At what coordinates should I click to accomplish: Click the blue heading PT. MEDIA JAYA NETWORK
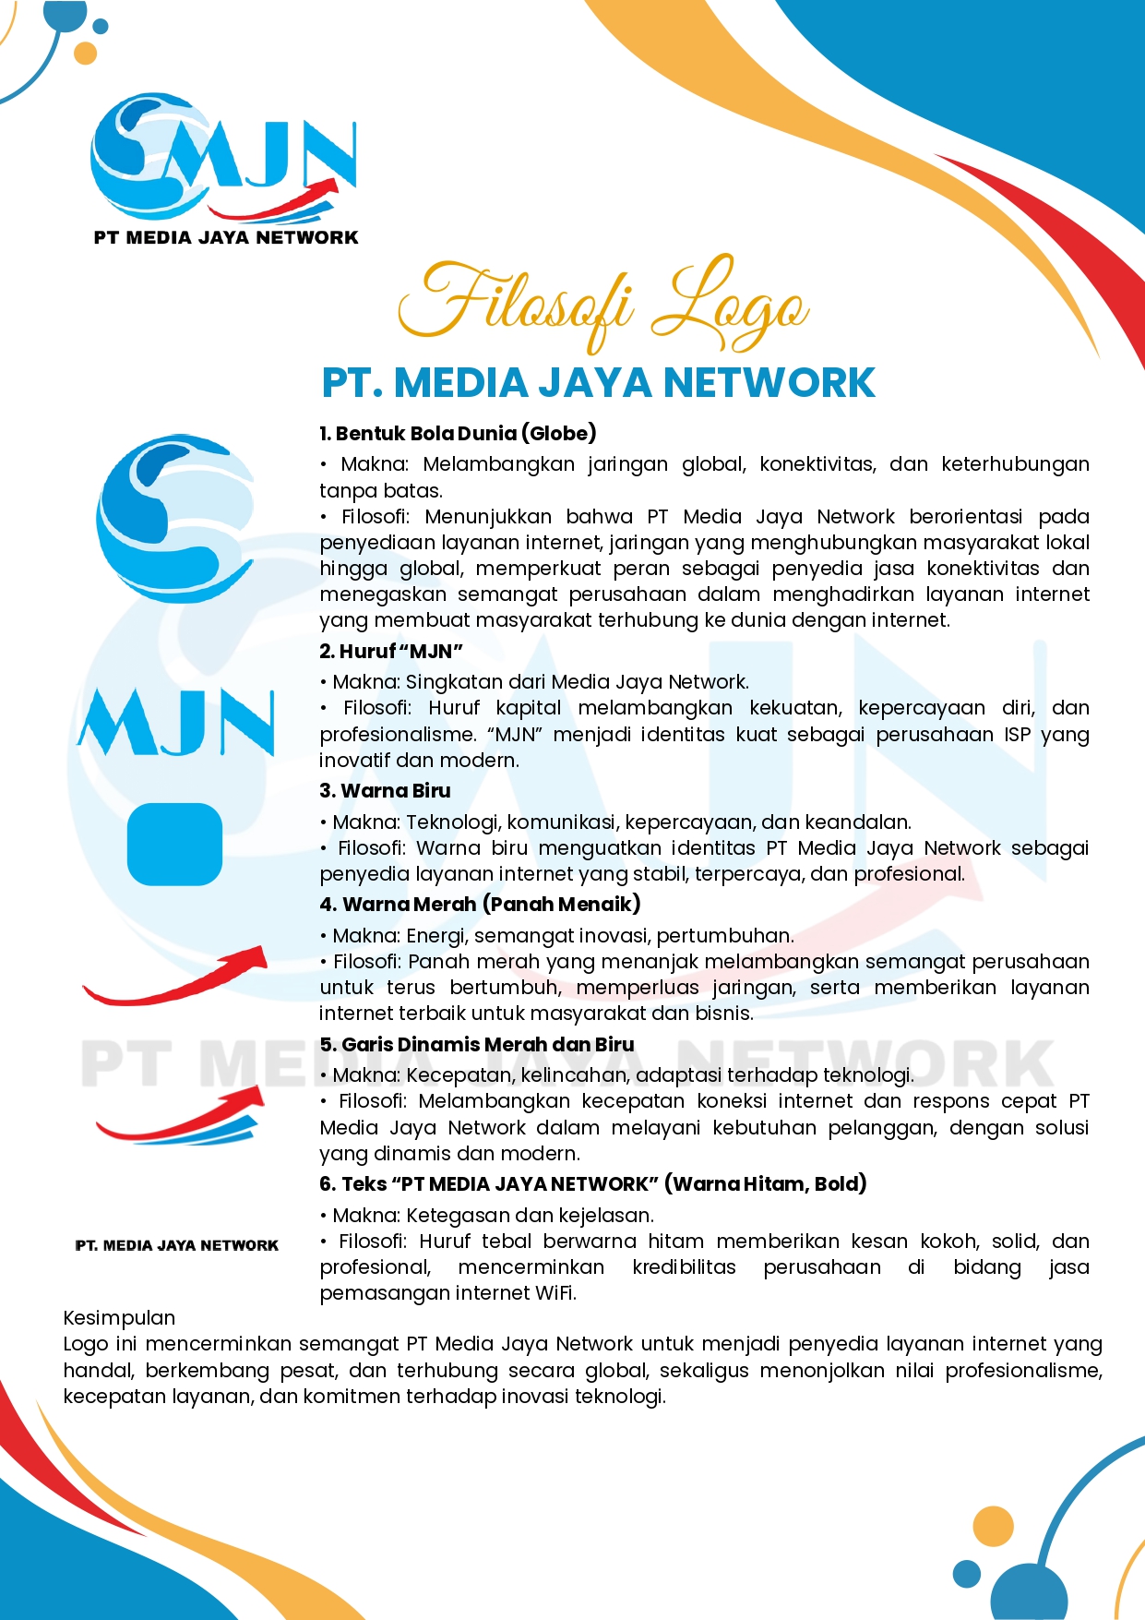[x=598, y=383]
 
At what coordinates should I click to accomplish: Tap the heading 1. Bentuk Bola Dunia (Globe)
[x=458, y=433]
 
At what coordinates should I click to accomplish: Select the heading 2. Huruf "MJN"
[x=391, y=651]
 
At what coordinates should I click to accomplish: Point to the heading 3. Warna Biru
[x=385, y=790]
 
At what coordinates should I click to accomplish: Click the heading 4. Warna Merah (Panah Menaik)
[x=480, y=904]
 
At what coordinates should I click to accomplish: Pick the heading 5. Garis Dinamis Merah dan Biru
[x=477, y=1044]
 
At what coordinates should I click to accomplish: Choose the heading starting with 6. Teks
[x=592, y=1183]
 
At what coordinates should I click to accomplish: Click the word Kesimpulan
[x=119, y=1317]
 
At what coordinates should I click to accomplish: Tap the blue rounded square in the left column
[x=174, y=844]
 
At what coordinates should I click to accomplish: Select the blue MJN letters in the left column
[x=175, y=722]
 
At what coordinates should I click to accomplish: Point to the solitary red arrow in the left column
[x=175, y=976]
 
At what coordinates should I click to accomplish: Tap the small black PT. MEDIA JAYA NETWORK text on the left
[x=176, y=1245]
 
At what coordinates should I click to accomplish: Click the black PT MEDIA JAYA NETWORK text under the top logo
[x=225, y=237]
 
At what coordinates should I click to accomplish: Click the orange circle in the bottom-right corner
[x=994, y=1526]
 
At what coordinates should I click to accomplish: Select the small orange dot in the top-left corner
[x=85, y=53]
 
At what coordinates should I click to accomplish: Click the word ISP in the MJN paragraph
[x=1018, y=735]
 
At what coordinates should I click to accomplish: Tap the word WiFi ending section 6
[x=555, y=1293]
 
